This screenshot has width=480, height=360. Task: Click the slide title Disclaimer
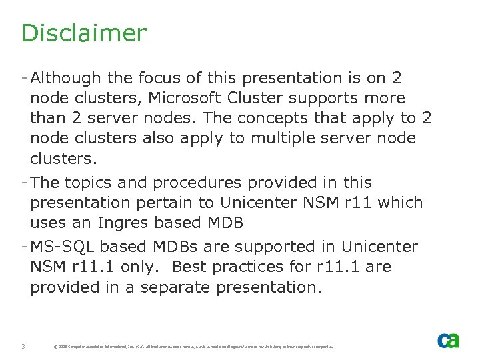(x=83, y=33)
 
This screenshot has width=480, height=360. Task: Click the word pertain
(x=146, y=203)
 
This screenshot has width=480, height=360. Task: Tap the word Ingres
(x=125, y=223)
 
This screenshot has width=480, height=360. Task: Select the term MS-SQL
(x=58, y=247)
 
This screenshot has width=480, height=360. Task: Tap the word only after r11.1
(x=141, y=267)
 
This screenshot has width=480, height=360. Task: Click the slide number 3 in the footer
(x=23, y=346)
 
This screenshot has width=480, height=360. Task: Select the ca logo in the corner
(x=448, y=341)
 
